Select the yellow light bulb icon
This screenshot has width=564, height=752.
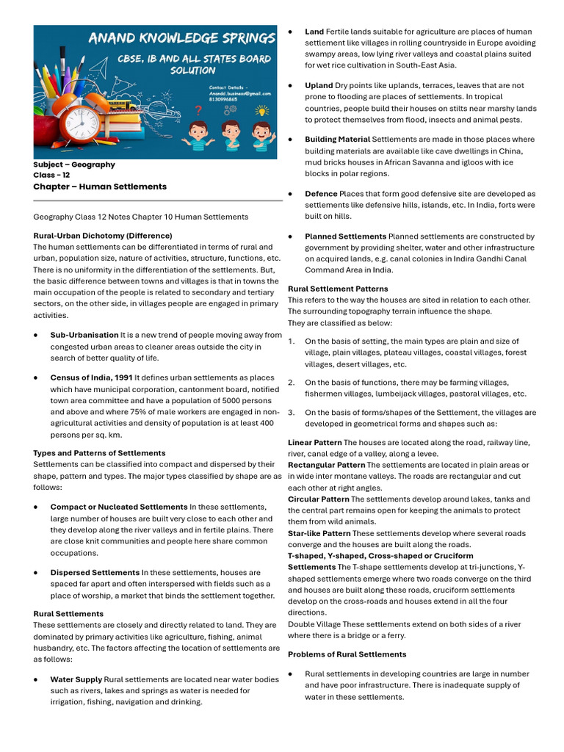pyautogui.click(x=262, y=111)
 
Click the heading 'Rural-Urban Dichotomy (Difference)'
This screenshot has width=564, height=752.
pyautogui.click(x=103, y=236)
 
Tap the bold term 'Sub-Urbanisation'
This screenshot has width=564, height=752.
pyautogui.click(x=84, y=335)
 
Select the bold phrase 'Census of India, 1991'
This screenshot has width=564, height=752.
pyautogui.click(x=91, y=377)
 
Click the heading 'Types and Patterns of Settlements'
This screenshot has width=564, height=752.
pyautogui.click(x=99, y=453)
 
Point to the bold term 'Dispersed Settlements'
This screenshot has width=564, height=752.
pyautogui.click(x=95, y=572)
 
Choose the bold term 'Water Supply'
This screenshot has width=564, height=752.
pyautogui.click(x=76, y=679)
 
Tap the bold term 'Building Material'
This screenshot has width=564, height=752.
pyautogui.click(x=337, y=139)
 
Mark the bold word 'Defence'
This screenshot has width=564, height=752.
pyautogui.click(x=321, y=193)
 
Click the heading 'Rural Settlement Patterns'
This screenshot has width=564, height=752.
pyautogui.click(x=338, y=289)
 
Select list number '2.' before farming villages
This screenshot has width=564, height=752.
pyautogui.click(x=292, y=383)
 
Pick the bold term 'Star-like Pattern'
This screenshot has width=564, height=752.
pyautogui.click(x=319, y=533)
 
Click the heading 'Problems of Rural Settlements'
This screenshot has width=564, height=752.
pyautogui.click(x=347, y=654)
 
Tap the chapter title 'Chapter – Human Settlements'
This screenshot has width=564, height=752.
pyautogui.click(x=100, y=187)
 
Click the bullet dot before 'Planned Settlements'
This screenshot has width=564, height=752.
pyautogui.click(x=291, y=236)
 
